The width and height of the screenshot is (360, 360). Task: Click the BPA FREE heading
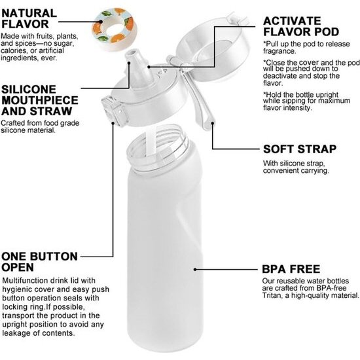pyautogui.click(x=291, y=269)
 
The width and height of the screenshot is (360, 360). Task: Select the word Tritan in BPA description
pyautogui.click(x=274, y=297)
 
